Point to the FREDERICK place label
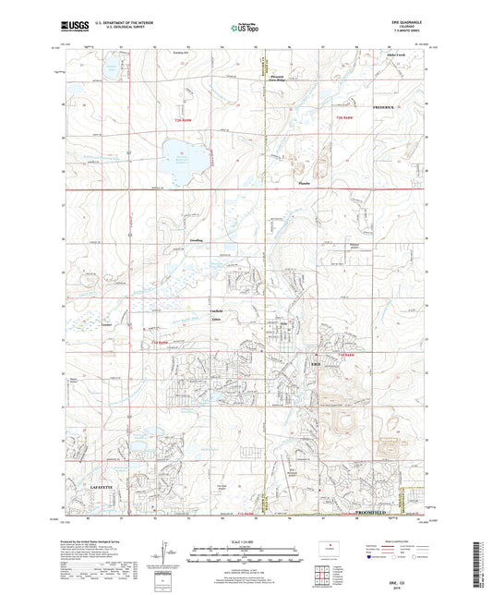[382, 107]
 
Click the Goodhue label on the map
[197, 240]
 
